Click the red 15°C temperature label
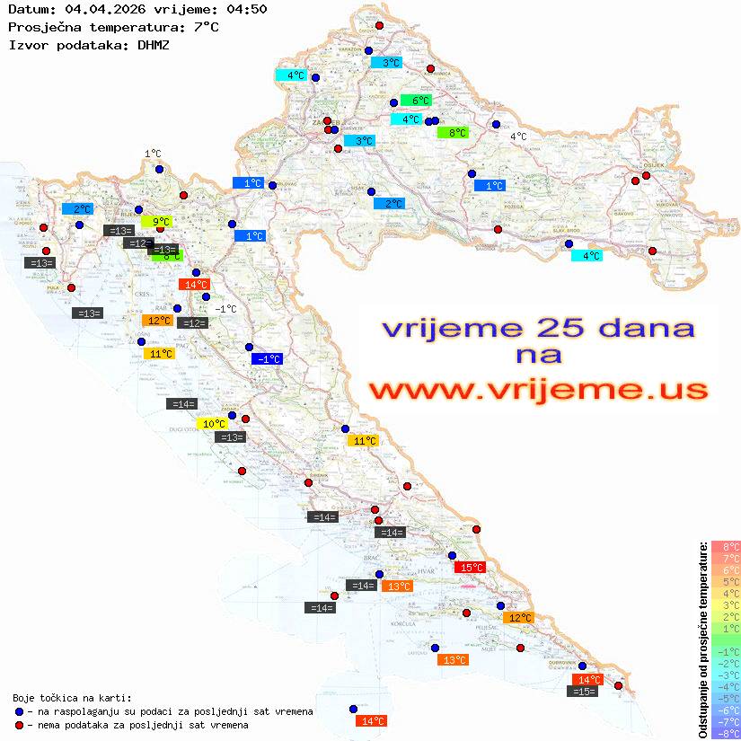(x=471, y=568)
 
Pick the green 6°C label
(x=416, y=101)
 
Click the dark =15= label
(x=583, y=692)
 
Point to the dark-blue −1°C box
(x=267, y=359)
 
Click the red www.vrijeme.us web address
(x=538, y=390)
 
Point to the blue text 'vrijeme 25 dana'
(x=538, y=329)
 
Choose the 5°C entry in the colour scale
(x=725, y=581)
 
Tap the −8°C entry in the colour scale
(x=725, y=733)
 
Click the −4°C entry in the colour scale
(x=725, y=686)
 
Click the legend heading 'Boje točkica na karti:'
(x=72, y=698)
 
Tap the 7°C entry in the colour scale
(x=725, y=558)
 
